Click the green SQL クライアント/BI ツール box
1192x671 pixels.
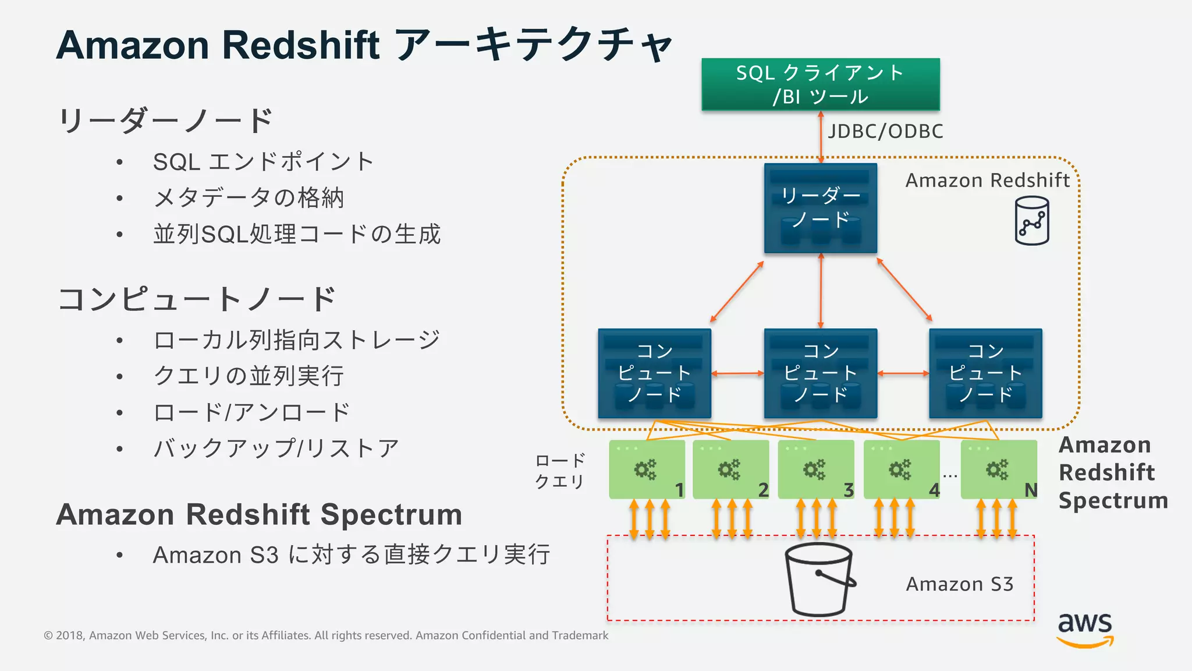click(x=820, y=84)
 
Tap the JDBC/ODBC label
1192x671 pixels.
click(x=885, y=132)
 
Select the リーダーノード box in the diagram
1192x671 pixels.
click(x=820, y=209)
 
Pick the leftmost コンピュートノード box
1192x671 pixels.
click(x=654, y=373)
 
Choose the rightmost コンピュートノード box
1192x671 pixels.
click(x=985, y=373)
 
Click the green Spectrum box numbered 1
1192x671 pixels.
click(x=647, y=469)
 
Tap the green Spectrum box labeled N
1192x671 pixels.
click(x=999, y=469)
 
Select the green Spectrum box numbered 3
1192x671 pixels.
click(x=816, y=469)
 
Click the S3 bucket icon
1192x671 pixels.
click(x=819, y=580)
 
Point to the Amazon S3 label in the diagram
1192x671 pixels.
click(x=959, y=584)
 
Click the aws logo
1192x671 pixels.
click(x=1085, y=629)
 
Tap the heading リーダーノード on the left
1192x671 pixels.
click(x=166, y=121)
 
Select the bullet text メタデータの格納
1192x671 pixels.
click(x=249, y=198)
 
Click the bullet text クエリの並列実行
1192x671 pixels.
click(x=249, y=376)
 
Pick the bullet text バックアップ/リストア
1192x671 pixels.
click(x=276, y=448)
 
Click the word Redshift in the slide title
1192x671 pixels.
click(x=301, y=45)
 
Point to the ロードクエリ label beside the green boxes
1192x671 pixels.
click(x=559, y=471)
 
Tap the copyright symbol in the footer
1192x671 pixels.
click(x=48, y=635)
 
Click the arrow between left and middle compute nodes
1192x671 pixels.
click(x=737, y=373)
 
